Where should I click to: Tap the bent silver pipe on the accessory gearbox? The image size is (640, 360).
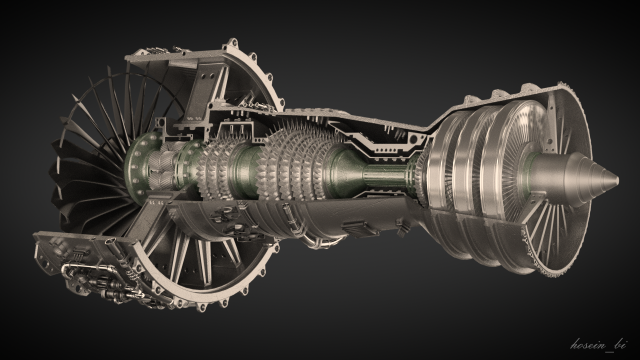pyautogui.click(x=75, y=276)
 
